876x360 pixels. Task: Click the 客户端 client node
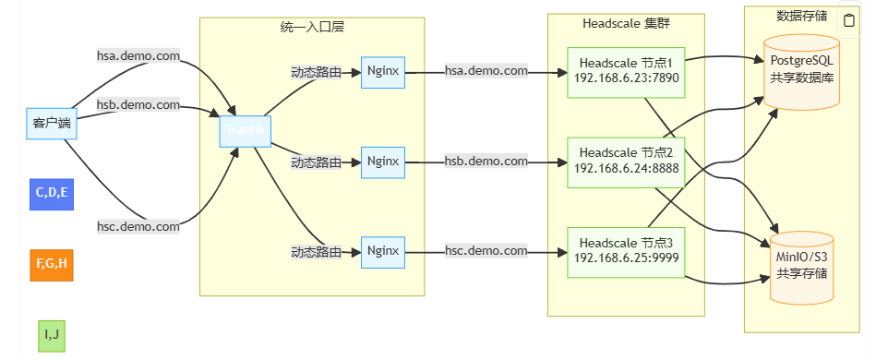(52, 122)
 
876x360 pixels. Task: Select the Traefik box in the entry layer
(246, 131)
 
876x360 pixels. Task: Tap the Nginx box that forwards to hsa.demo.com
(383, 71)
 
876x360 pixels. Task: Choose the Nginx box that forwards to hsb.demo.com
(383, 162)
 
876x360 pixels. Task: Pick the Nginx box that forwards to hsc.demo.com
(383, 250)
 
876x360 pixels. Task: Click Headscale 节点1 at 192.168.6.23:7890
(626, 70)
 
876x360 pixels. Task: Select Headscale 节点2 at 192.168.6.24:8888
(626, 161)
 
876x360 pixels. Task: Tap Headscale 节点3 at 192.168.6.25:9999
(626, 250)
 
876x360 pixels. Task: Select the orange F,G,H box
(52, 264)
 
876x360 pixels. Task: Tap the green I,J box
(52, 334)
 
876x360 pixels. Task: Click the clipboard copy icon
(848, 20)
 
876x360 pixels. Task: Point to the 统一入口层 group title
(311, 28)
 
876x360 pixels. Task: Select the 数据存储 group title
(799, 16)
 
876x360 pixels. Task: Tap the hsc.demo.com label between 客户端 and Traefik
(138, 226)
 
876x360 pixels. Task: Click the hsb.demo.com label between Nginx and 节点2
(486, 162)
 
